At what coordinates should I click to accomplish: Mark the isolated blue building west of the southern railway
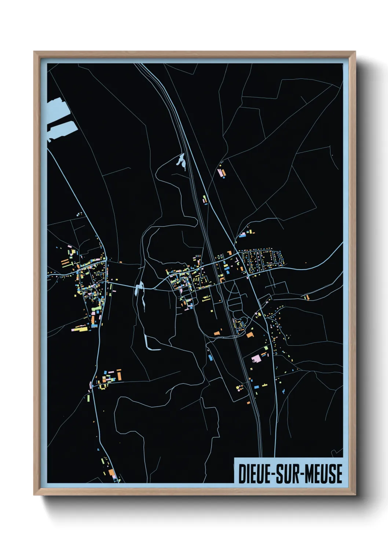(210, 357)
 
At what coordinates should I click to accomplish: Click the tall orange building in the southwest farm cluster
(119, 375)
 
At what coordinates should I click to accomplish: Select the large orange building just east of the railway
(250, 335)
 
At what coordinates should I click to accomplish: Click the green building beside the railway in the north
(204, 199)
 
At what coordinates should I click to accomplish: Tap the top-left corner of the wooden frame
(34, 52)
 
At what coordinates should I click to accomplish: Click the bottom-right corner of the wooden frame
(355, 495)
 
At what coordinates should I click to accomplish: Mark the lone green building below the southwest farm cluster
(88, 397)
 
